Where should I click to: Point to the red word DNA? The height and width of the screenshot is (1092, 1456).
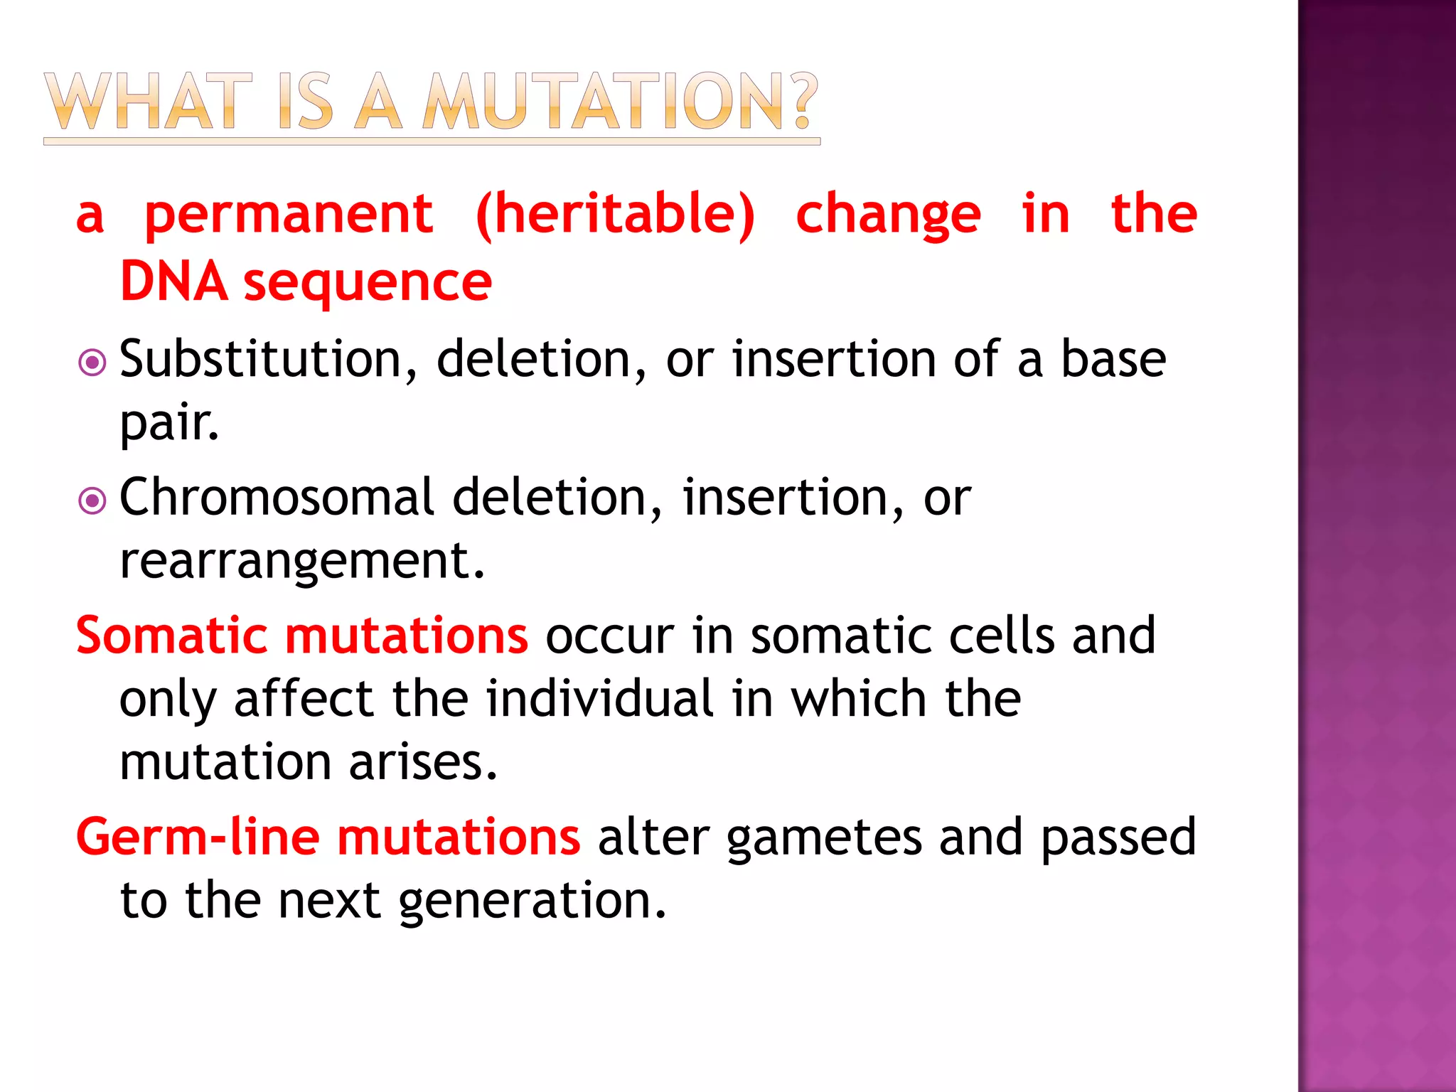[174, 282]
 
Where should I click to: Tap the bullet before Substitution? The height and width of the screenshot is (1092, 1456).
[92, 363]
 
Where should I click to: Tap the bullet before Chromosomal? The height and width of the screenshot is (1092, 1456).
[92, 501]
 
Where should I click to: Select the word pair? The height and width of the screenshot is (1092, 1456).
[168, 424]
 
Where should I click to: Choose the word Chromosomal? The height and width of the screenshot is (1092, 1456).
[277, 497]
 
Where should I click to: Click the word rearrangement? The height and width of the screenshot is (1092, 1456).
[301, 562]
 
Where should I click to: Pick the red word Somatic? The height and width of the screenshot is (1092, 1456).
[171, 635]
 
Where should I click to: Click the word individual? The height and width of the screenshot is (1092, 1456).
[599, 698]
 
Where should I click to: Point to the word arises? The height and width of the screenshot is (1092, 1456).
[422, 762]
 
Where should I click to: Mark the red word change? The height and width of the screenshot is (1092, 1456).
[888, 215]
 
